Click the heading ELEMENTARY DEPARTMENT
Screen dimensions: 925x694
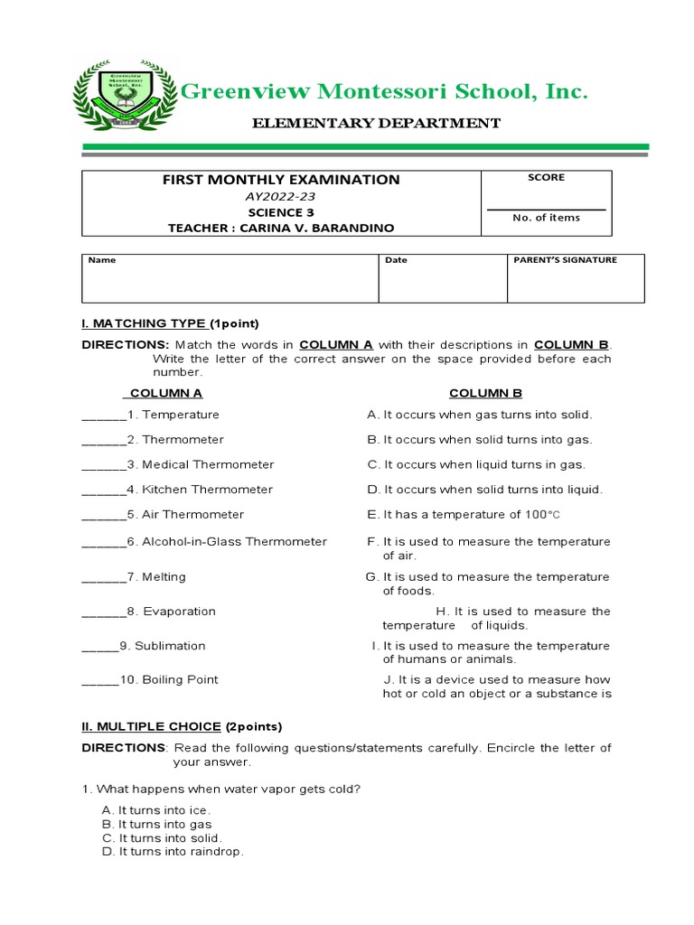375,123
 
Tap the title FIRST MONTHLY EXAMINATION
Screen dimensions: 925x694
281,180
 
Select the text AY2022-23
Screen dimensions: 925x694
281,196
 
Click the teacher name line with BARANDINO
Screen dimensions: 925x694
281,229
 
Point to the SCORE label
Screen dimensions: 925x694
546,178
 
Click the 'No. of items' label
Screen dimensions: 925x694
546,218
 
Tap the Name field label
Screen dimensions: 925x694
102,260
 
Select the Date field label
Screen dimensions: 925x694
396,260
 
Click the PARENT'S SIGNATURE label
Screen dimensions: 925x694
565,260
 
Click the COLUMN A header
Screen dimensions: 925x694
166,393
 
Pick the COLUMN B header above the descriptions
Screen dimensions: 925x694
486,393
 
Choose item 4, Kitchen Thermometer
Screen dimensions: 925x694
200,490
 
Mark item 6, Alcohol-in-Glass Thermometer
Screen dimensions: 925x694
227,542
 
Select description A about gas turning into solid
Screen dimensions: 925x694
479,415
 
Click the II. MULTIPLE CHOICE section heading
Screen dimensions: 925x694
152,726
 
